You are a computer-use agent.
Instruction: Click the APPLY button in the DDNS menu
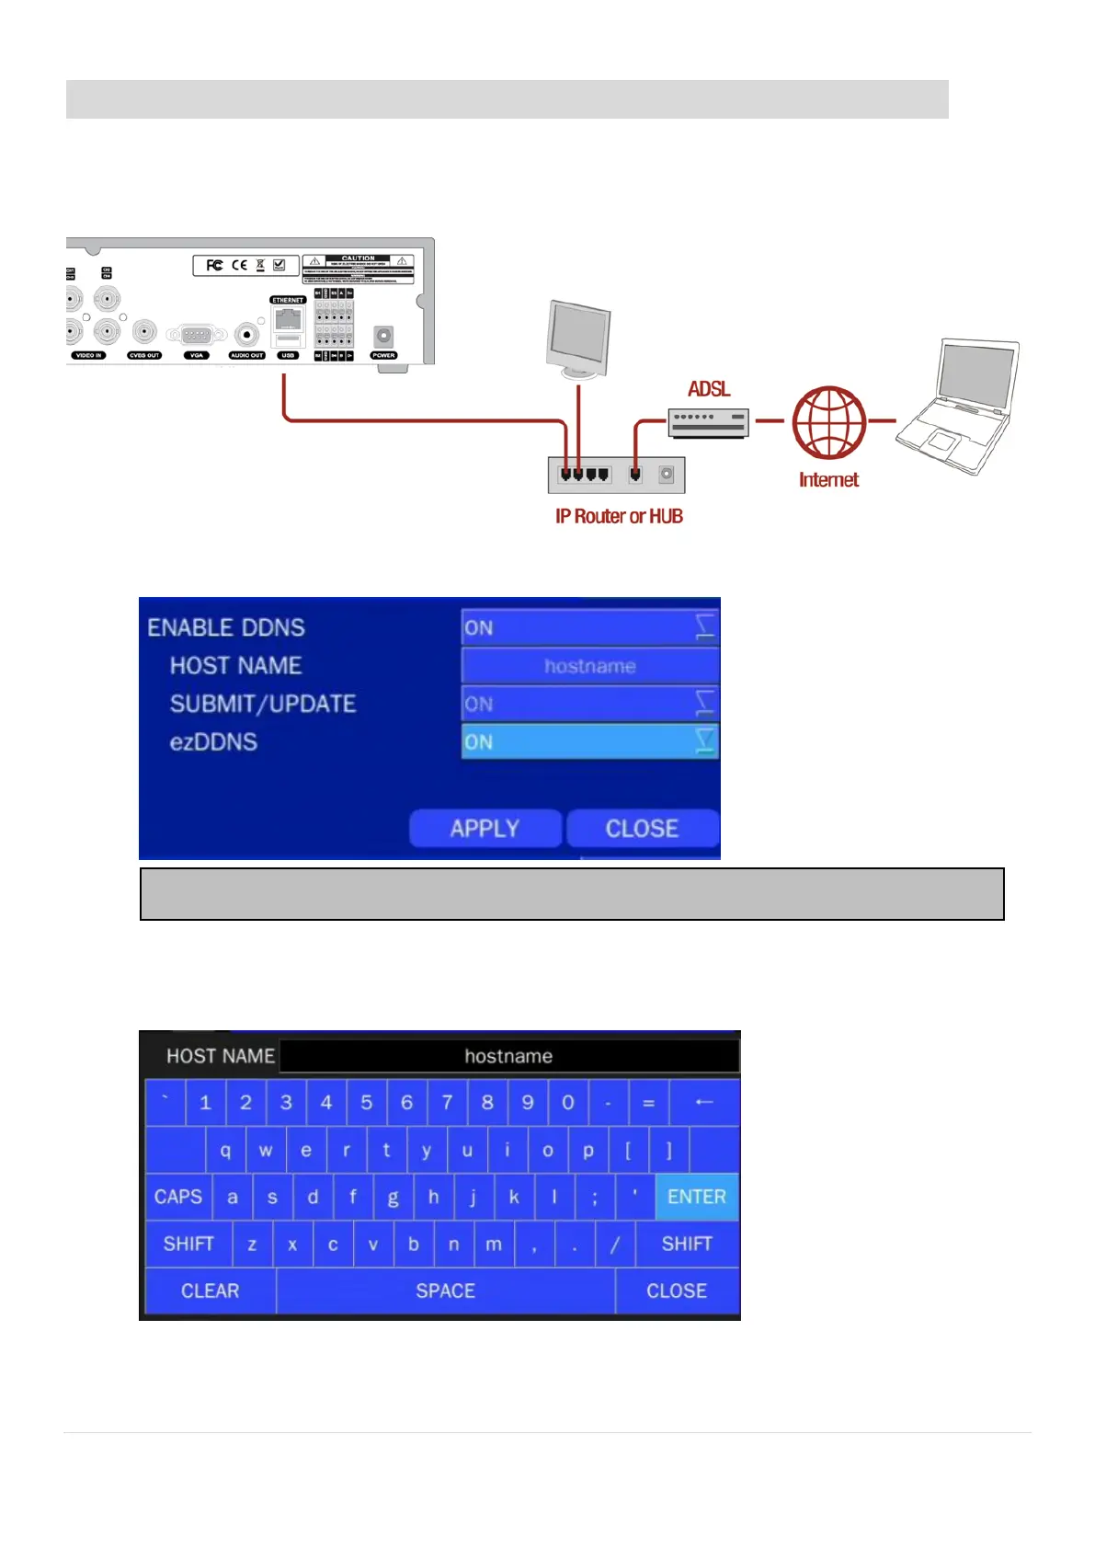point(485,828)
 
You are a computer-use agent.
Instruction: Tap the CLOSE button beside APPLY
point(642,828)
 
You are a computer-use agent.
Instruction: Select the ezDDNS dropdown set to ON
point(589,741)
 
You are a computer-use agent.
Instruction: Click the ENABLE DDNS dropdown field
point(589,627)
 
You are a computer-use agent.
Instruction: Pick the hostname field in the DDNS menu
point(589,666)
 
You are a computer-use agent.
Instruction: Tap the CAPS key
point(178,1197)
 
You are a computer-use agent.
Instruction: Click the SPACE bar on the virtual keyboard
point(445,1291)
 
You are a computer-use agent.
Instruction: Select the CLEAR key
point(210,1291)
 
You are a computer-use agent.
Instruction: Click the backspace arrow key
point(704,1102)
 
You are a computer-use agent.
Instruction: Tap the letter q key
point(225,1150)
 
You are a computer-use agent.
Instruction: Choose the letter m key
point(494,1244)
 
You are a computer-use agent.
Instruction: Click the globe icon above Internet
point(829,422)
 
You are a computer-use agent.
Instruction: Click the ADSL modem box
point(708,422)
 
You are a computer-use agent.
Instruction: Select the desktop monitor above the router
point(578,338)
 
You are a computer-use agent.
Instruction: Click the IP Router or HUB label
point(619,516)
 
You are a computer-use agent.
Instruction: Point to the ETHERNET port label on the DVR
point(288,300)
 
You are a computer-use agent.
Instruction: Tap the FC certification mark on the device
point(214,265)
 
